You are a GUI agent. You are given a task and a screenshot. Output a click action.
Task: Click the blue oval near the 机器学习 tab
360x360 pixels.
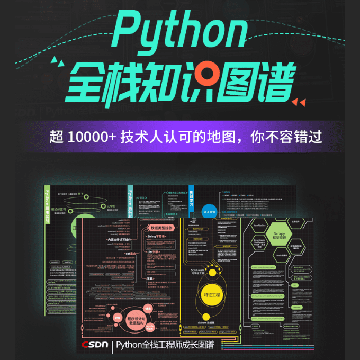click(x=211, y=211)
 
